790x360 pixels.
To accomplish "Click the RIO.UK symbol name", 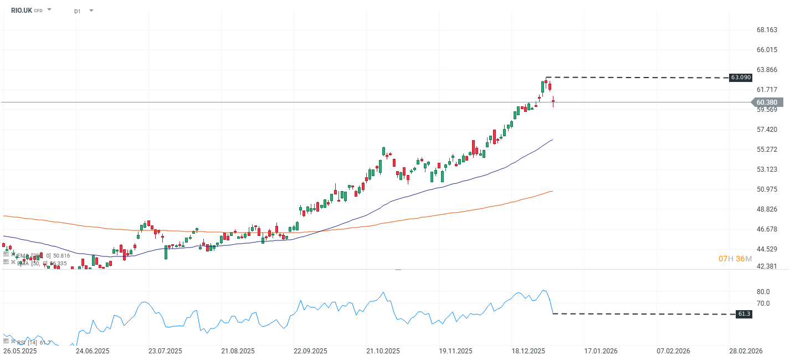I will pos(21,10).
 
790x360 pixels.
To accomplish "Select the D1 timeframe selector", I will pos(77,11).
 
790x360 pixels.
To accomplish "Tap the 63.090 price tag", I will pos(740,78).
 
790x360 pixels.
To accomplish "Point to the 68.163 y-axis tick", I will pos(767,30).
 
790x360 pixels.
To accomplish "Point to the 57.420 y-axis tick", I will pos(767,130).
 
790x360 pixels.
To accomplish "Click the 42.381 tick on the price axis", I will pos(767,266).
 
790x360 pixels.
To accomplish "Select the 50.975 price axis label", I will pos(767,189).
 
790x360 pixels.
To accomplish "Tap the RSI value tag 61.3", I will pos(744,314).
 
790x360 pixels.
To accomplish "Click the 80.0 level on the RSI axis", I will pos(763,292).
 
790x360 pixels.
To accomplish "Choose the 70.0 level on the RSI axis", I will pos(763,304).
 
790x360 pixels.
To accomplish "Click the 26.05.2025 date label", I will pos(20,351).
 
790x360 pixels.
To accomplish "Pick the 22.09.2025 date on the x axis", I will pos(311,351).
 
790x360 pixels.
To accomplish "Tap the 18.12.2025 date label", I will pos(527,351).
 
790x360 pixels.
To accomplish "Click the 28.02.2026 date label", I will pos(746,351).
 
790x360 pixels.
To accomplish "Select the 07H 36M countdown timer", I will pos(735,259).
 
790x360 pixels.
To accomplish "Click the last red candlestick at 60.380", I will pos(553,101).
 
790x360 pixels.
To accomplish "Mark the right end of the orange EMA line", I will pos(552,191).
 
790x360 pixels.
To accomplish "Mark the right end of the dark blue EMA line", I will pos(552,140).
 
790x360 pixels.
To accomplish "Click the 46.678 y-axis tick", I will pos(767,229).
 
